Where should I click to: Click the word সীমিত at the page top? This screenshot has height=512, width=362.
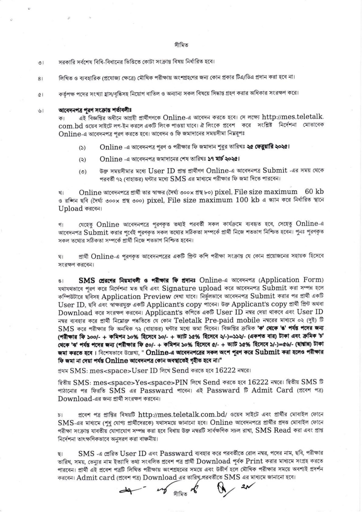[x=181, y=45]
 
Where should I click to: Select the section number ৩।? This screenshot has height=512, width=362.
[x=40, y=62]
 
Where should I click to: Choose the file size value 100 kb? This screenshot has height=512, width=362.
[x=247, y=200]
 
